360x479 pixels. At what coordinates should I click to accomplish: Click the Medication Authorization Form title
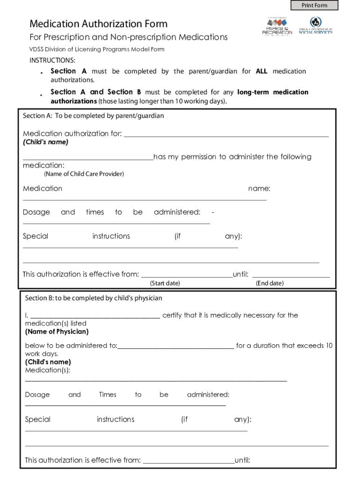[98, 24]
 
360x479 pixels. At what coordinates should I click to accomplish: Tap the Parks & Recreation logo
[277, 26]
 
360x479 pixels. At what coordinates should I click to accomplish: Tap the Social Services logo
[316, 26]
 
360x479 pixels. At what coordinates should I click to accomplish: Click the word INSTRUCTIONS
[52, 60]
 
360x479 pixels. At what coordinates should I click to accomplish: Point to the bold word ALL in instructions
[262, 72]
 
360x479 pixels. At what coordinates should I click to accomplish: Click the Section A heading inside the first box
[94, 116]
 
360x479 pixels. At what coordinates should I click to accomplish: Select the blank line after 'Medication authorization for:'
[226, 136]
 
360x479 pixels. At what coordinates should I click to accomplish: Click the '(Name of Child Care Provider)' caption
[84, 174]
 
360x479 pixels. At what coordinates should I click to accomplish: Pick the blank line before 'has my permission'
[88, 159]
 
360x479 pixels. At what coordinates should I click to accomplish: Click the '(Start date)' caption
[165, 283]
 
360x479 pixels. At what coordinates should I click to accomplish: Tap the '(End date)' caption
[269, 283]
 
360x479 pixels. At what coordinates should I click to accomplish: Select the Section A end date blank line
[291, 276]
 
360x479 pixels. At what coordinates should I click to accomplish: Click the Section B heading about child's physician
[94, 298]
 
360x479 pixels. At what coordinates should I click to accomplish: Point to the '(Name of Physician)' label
[57, 332]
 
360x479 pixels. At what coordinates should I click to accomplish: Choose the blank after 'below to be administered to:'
[176, 348]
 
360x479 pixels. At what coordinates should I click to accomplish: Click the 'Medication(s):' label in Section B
[48, 370]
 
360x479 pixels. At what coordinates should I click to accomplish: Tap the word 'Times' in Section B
[108, 395]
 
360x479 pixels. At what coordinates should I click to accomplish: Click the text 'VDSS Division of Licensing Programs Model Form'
[97, 49]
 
